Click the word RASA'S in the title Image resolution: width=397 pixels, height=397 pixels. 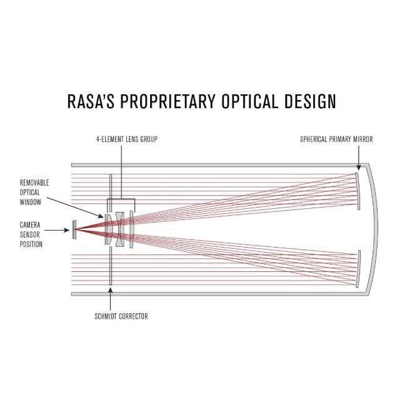91,101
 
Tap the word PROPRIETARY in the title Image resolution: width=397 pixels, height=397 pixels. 168,101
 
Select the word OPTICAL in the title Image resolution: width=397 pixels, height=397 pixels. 249,101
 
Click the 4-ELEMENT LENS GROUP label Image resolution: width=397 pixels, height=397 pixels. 126,139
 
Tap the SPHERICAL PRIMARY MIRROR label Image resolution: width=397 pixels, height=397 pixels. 336,139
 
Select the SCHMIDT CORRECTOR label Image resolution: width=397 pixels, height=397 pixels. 121,316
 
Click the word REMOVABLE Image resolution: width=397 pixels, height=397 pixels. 34,183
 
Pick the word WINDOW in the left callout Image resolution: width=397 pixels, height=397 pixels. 31,203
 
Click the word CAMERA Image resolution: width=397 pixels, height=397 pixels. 30,225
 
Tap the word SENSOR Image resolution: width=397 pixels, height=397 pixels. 29,234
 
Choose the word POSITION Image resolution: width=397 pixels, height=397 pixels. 31,244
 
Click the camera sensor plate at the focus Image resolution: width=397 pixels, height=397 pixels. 74,229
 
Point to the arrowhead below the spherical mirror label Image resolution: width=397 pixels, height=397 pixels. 358,168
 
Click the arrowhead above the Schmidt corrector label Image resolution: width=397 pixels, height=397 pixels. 111,290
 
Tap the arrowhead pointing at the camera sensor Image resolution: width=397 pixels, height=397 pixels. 67,230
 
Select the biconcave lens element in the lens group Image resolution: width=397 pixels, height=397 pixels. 119,229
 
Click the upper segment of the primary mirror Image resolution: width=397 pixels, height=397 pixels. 358,191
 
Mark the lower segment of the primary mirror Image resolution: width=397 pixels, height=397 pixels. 358,269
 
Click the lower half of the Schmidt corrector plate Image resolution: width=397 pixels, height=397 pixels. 111,266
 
